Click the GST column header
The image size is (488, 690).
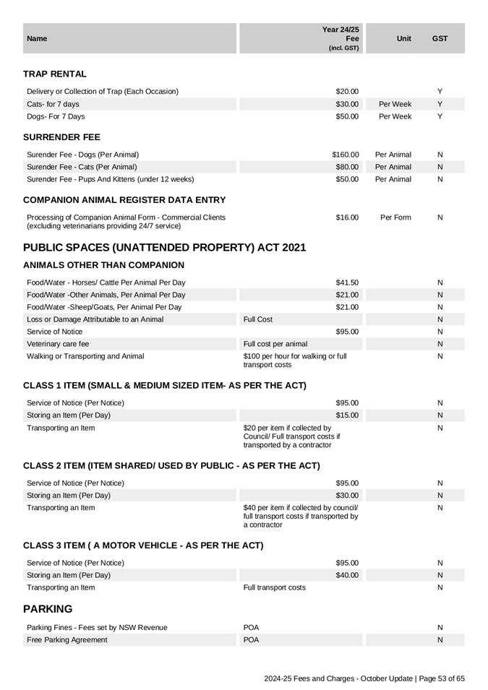[440, 38]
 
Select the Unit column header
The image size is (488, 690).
[404, 38]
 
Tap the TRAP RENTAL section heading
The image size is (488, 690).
[55, 74]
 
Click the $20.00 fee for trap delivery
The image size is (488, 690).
[347, 92]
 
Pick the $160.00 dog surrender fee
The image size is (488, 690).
[346, 155]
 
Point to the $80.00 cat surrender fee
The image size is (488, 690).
[347, 167]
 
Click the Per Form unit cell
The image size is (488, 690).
[395, 217]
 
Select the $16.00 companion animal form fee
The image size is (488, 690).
[347, 217]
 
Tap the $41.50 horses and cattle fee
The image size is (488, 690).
[347, 283]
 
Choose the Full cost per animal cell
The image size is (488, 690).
[275, 344]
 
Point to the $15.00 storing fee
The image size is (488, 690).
[347, 415]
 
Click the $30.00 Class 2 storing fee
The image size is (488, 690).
[347, 496]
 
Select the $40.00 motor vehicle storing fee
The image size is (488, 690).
[347, 575]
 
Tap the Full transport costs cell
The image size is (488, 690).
[275, 587]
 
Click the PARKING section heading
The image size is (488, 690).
[48, 609]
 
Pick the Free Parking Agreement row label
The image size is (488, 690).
[67, 640]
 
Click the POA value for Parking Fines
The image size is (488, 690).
[252, 628]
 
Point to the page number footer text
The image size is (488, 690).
[364, 678]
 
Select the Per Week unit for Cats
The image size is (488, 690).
[395, 104]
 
